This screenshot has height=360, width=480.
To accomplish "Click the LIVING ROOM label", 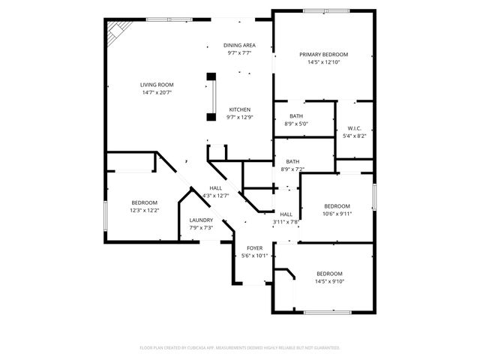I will tap(157, 85).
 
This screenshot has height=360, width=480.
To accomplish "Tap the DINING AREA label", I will tap(238, 46).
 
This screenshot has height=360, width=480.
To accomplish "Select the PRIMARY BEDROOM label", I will tap(323, 55).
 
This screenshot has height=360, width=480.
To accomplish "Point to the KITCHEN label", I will tap(238, 109).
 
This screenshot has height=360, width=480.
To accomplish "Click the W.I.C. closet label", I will tap(354, 128).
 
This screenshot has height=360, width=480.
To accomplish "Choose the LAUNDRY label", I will tap(200, 220).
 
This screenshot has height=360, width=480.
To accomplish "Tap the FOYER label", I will tap(254, 247).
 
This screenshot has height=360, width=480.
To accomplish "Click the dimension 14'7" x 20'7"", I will tap(157, 93).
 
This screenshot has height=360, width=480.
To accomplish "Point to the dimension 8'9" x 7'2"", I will tap(292, 169).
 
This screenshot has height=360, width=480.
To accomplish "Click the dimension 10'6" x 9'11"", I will tap(337, 214).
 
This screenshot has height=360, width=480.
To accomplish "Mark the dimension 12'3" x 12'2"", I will tap(145, 211).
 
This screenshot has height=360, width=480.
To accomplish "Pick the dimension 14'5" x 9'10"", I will tap(329, 281).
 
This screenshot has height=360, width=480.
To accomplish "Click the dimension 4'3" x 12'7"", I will tap(215, 196).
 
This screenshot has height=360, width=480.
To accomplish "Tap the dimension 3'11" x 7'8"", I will tap(286, 222).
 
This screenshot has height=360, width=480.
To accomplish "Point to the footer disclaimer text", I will tap(240, 348).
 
